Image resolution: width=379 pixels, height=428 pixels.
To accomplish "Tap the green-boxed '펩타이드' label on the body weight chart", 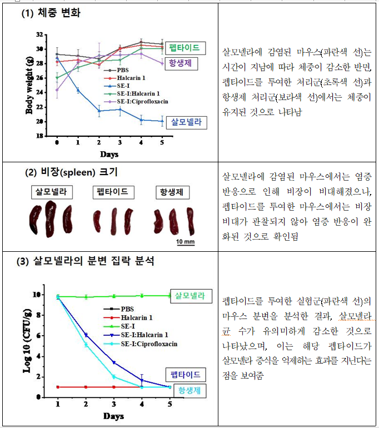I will click(x=184, y=48).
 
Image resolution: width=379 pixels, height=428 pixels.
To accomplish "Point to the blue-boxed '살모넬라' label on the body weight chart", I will click(x=186, y=121).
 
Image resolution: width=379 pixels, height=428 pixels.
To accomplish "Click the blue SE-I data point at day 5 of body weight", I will click(x=162, y=121).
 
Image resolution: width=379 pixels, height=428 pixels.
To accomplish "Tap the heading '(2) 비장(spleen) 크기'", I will click(x=72, y=172).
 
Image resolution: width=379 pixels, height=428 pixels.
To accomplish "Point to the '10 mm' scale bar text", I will click(x=185, y=242).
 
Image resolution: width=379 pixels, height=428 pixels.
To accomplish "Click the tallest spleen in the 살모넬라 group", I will click(x=51, y=220).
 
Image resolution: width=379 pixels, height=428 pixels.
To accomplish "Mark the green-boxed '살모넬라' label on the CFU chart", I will click(x=190, y=296).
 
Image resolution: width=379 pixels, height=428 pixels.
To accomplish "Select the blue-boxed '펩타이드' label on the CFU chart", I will click(x=186, y=375).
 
